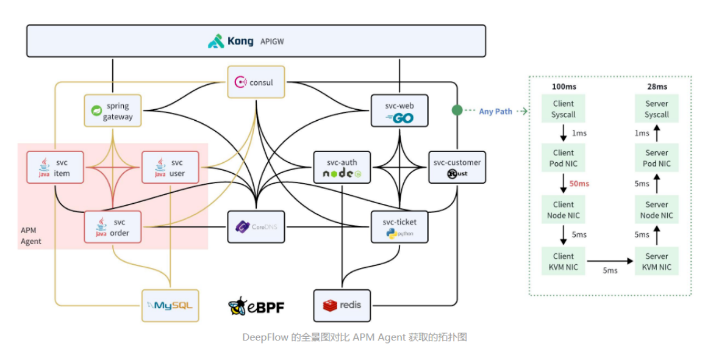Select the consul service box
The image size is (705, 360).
pos(256,82)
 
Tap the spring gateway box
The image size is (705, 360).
pos(112,110)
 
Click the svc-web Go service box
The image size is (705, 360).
pos(399,110)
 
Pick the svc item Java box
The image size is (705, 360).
pos(54,167)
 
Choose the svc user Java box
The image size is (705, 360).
pos(170,167)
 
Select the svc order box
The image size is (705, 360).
pos(112,227)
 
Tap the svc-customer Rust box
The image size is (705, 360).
pos(457,167)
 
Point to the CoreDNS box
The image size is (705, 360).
pos(256,227)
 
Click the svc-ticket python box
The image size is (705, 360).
pos(399,227)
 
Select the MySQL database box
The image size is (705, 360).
pos(170,305)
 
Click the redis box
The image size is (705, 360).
pos(342,305)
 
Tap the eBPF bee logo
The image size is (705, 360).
pos(238,306)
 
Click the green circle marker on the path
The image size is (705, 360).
pos(456,110)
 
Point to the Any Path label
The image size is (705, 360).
pos(495,112)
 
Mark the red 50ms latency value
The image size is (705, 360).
pos(579,184)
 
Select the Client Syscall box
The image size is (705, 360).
pos(563,109)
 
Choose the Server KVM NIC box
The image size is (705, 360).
pos(656,262)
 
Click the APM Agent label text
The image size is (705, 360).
pos(31,236)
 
